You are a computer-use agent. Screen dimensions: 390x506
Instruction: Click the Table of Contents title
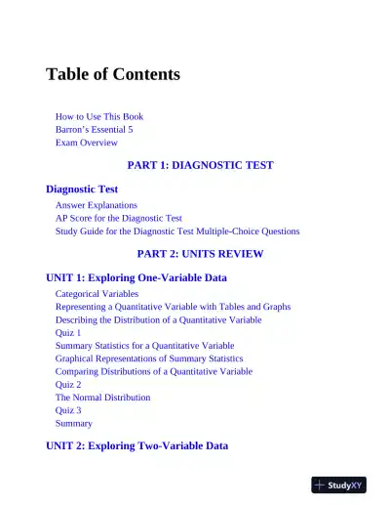[113, 75]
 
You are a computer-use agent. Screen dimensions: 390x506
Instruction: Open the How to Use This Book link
[99, 117]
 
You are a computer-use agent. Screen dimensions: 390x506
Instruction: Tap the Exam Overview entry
[87, 143]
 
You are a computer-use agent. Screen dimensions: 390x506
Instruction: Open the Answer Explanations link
[96, 206]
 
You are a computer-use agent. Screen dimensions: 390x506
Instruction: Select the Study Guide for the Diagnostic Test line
[177, 232]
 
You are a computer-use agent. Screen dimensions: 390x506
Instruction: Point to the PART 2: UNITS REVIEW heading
[201, 254]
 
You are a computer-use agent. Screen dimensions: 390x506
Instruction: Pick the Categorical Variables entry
[97, 294]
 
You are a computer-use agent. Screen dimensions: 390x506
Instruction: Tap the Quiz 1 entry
[68, 332]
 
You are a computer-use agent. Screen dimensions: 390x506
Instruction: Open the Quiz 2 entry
[68, 385]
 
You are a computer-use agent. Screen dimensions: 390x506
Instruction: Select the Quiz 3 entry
[68, 410]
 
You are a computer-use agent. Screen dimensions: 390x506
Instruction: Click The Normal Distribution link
[102, 398]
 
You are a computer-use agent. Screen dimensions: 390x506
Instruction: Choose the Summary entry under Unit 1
[74, 423]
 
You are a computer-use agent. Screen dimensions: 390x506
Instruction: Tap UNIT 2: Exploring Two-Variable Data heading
[136, 445]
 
